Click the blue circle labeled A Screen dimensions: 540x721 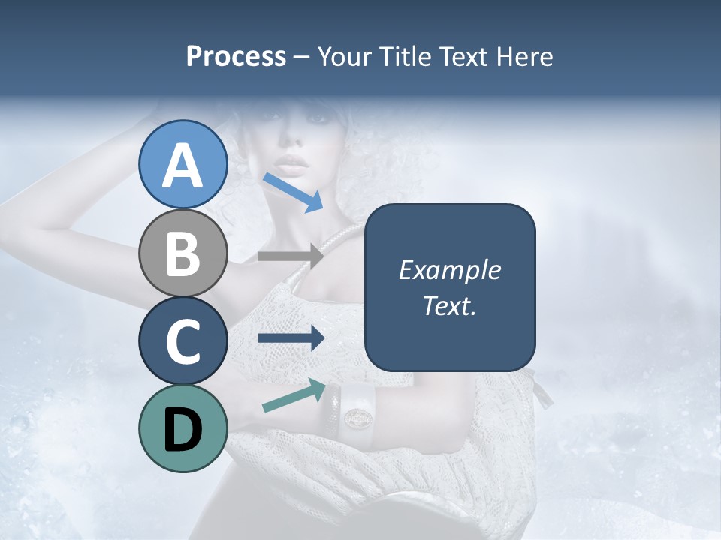click(x=183, y=164)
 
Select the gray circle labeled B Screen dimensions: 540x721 click(x=183, y=253)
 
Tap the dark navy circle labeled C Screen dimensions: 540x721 click(x=183, y=340)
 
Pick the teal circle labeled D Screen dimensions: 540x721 click(x=183, y=428)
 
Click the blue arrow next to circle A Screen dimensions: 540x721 click(x=293, y=192)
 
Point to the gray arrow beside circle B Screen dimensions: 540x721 click(x=290, y=256)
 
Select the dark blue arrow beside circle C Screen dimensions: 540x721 click(x=291, y=338)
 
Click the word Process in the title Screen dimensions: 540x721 click(x=236, y=57)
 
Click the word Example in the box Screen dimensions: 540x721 click(x=449, y=270)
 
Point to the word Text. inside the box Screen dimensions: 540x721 click(x=449, y=305)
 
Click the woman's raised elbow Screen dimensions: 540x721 click(x=15, y=206)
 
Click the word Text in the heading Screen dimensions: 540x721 click(x=462, y=57)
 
